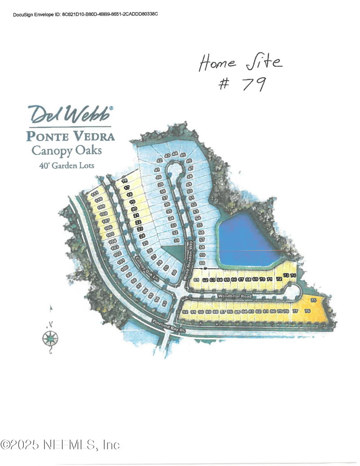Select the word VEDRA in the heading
pos(93,136)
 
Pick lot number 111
pos(94,194)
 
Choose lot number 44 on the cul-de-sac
pos(175,154)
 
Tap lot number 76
pos(308,311)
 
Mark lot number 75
pos(314,300)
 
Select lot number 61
pos(196,280)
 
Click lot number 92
pos(185,312)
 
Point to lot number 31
pos(177,241)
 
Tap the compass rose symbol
pos(50,336)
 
